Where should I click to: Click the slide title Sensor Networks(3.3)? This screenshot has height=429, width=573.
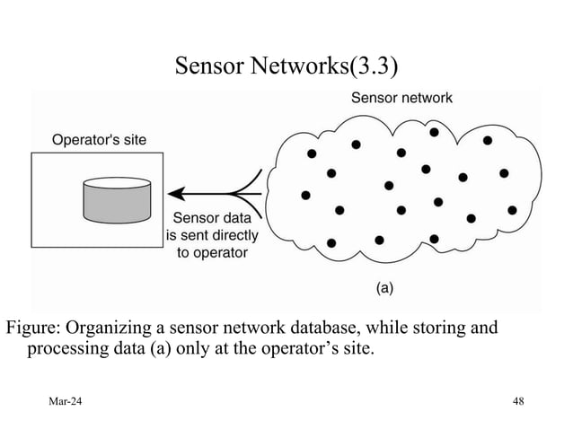click(x=286, y=66)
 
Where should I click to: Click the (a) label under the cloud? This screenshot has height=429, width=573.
click(x=384, y=288)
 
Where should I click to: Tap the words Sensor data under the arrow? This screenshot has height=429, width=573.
click(x=212, y=217)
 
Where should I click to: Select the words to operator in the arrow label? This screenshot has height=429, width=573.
click(x=212, y=253)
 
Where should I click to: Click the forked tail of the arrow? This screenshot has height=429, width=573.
click(x=248, y=191)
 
